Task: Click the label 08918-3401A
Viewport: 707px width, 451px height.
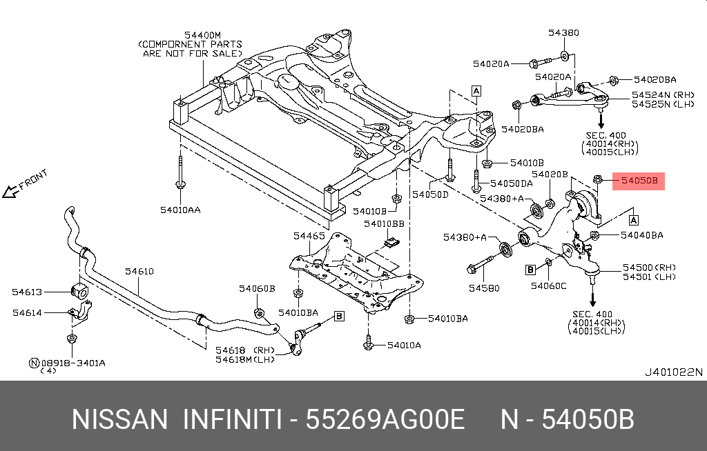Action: tap(72, 362)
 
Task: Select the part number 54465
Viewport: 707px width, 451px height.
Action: tap(309, 236)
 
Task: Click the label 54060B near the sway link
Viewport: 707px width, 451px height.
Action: tap(257, 288)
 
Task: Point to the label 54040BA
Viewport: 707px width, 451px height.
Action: tap(641, 235)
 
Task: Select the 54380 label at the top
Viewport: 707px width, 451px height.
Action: tap(563, 32)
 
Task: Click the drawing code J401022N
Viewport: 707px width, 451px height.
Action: tap(673, 372)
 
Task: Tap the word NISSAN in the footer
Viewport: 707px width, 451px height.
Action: tap(119, 419)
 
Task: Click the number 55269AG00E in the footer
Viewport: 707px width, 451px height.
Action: tap(385, 419)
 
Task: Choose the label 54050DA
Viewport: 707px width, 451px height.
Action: tap(511, 184)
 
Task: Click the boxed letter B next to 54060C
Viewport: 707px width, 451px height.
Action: tap(531, 268)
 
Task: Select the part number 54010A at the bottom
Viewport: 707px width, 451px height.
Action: tap(403, 345)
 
